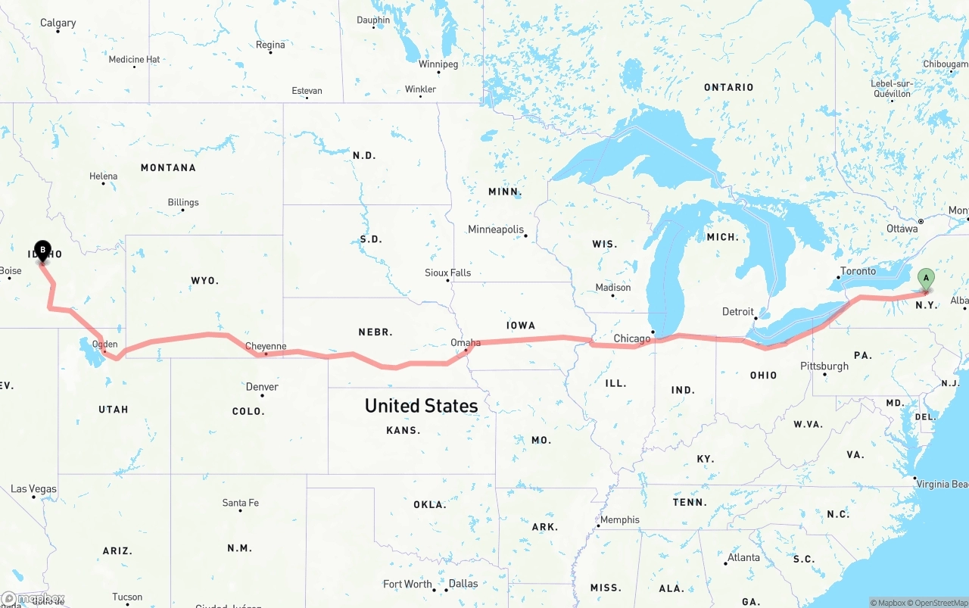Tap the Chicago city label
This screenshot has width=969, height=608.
tap(632, 338)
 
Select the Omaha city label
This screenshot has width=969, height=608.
tap(466, 343)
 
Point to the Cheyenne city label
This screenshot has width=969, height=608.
tap(266, 347)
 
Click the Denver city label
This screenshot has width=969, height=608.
tap(262, 387)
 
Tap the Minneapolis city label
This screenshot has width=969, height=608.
tap(496, 229)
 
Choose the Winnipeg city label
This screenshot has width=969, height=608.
tap(439, 64)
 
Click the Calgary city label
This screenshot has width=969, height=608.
tap(58, 23)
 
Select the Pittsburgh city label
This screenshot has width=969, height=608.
tap(824, 366)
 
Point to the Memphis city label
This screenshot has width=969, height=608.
tap(620, 519)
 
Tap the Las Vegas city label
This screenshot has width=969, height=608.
tap(33, 489)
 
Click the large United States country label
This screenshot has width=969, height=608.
tap(421, 406)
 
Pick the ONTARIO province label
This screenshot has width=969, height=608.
tap(728, 87)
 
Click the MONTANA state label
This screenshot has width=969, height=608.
tap(168, 167)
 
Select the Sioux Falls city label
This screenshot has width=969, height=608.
tap(447, 273)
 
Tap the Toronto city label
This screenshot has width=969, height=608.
tap(858, 271)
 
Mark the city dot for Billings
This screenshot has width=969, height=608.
tap(182, 210)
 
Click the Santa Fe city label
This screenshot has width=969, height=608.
tap(240, 503)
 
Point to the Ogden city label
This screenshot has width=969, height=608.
tap(104, 345)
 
